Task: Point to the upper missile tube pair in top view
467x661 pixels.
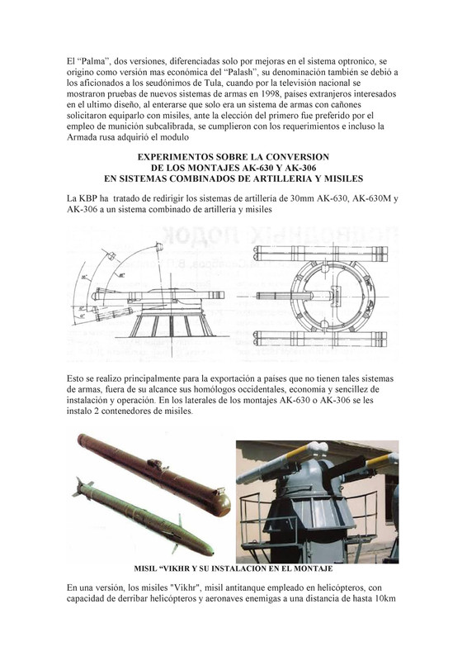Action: (314, 245)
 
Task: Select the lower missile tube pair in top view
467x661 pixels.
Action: (314, 339)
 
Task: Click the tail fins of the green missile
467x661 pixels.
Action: (82, 487)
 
